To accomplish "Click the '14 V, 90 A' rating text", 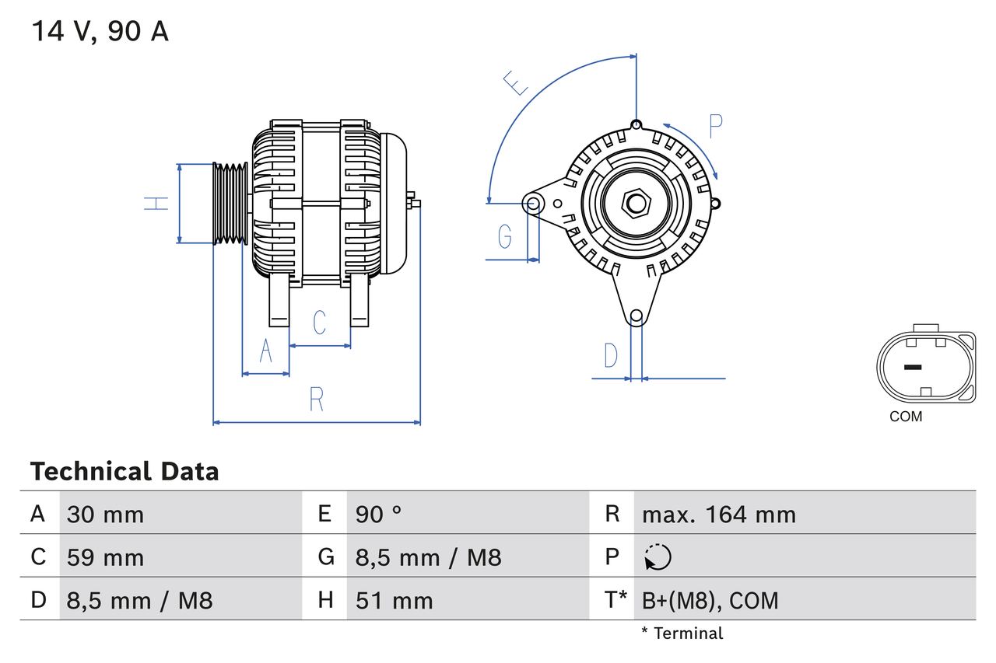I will (x=100, y=32).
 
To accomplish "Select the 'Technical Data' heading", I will (x=124, y=471).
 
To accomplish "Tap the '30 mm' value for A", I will (x=105, y=515).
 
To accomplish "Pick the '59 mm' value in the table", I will (x=105, y=557).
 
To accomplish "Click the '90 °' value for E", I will (x=378, y=515).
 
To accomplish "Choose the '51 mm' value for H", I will (x=394, y=600).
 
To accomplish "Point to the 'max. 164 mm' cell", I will (x=718, y=515).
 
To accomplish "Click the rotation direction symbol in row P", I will (x=658, y=557).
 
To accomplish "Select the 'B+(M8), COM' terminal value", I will (x=710, y=600).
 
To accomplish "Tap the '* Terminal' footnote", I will (x=682, y=633).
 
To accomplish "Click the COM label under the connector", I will (x=906, y=417).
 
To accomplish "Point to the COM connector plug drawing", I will (x=925, y=367).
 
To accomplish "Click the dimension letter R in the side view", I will (x=316, y=400).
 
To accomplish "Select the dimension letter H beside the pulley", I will (x=156, y=204).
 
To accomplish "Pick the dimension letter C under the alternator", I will (x=319, y=323).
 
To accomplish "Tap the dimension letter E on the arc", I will (x=515, y=82).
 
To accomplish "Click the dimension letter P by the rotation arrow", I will (x=715, y=125).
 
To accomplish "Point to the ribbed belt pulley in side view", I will (x=230, y=204).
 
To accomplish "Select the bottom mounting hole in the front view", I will (x=636, y=316).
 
